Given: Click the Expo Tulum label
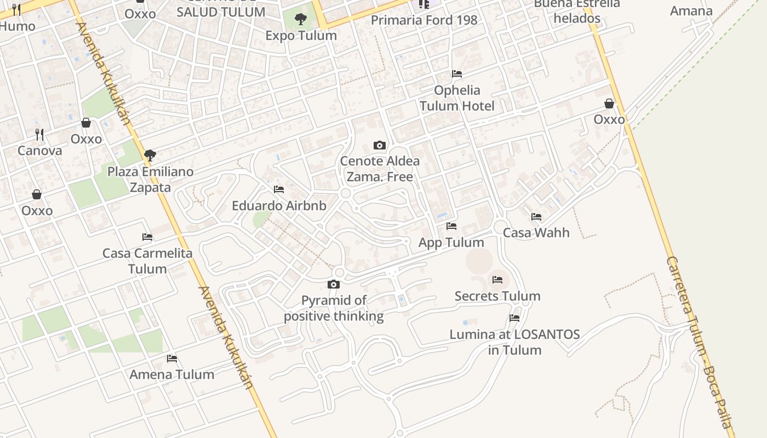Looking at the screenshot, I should point(301,36).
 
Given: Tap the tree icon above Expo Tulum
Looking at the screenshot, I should point(301,20).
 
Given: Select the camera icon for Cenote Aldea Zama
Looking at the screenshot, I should point(379,145).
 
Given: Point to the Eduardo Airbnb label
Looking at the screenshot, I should point(279,206).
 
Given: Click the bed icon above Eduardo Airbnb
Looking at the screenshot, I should point(279,190).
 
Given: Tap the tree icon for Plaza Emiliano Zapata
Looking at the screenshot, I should point(150,155).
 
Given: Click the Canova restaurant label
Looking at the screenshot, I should point(39,151).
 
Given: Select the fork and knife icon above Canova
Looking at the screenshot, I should point(39,134).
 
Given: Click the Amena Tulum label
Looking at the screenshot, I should point(171,374).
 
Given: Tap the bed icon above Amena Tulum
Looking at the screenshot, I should point(172,359).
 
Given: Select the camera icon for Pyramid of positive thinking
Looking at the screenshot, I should point(333,284).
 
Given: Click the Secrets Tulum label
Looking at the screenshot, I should point(497,296).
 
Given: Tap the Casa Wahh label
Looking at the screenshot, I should point(536,233).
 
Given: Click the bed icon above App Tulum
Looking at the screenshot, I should point(451,226).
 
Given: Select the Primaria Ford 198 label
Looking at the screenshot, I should point(424,20).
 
